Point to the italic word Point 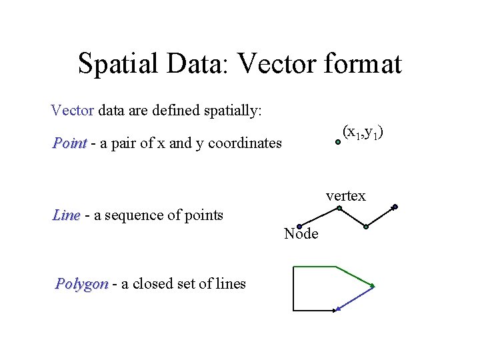70,143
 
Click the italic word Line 66,215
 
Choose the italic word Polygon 81,284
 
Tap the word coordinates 245,143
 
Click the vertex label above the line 345,196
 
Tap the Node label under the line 301,234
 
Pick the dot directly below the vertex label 339,208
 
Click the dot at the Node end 299,227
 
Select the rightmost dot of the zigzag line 395,207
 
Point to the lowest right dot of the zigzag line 366,227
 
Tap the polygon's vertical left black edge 293,288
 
